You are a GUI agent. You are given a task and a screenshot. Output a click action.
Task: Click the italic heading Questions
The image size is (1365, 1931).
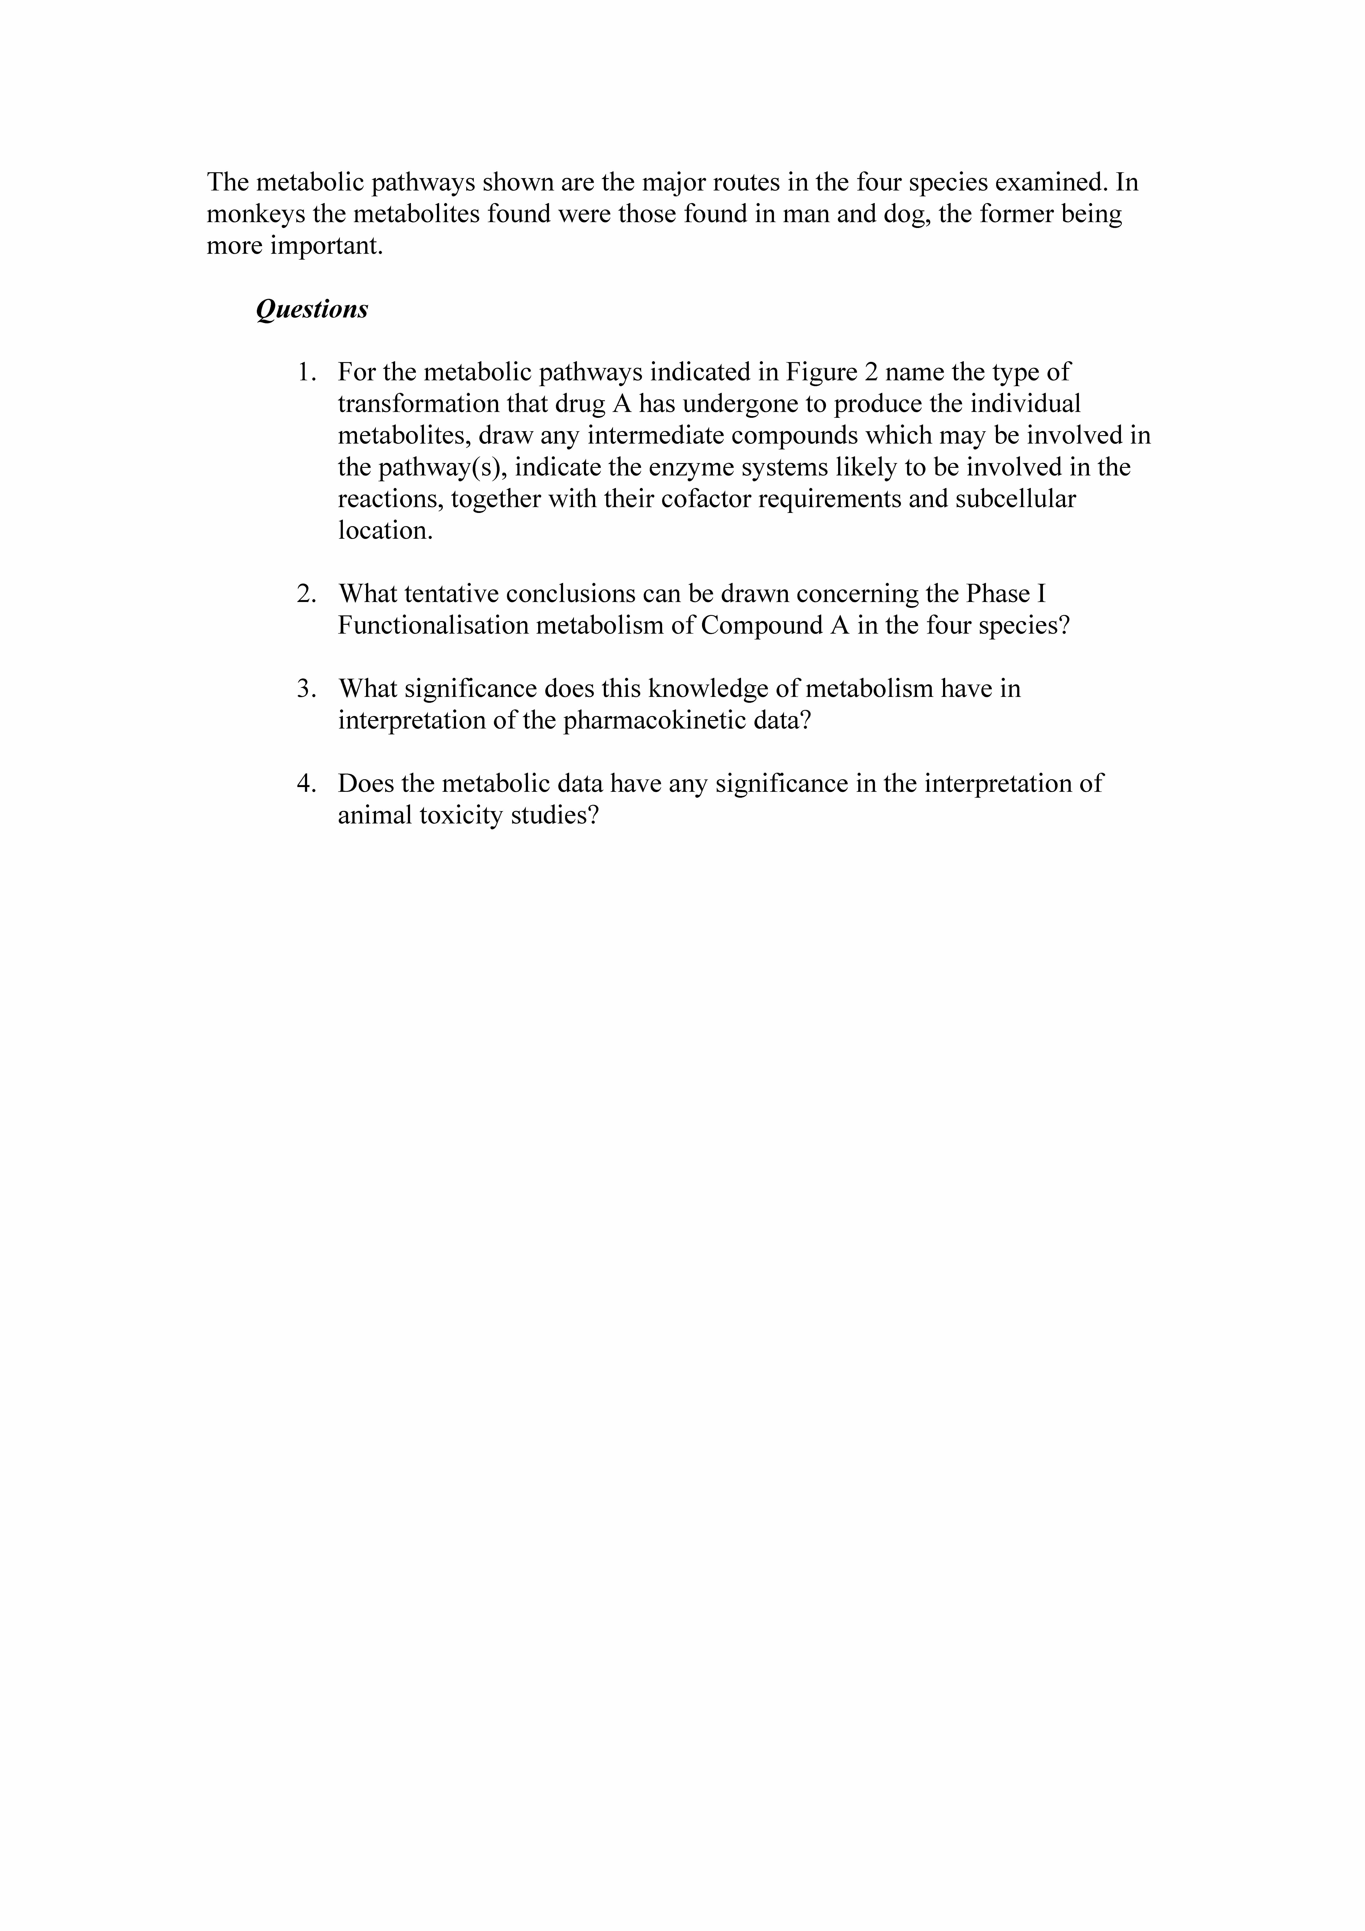click(x=312, y=309)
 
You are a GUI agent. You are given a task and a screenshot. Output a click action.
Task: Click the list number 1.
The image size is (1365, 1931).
click(x=306, y=372)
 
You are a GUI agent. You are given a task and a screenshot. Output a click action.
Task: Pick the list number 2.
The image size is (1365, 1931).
click(x=306, y=594)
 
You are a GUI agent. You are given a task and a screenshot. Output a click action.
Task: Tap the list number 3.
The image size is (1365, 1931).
click(x=306, y=689)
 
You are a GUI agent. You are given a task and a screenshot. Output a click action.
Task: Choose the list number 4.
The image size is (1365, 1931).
click(x=306, y=784)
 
